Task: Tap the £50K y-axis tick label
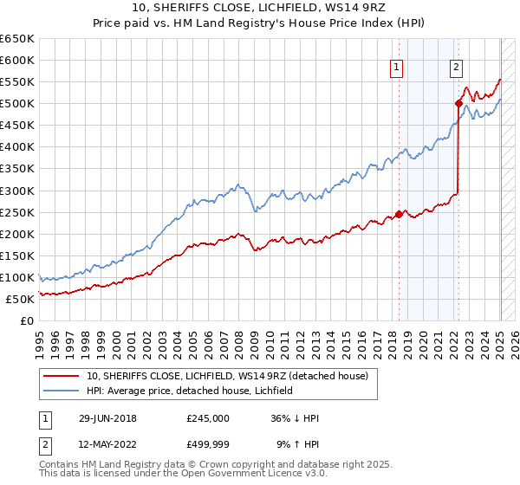[x=20, y=299]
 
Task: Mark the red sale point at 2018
[x=399, y=214]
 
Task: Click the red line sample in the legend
[x=62, y=376]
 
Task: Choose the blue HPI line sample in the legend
[x=62, y=391]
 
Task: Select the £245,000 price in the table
[x=208, y=418]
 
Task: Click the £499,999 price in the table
[x=208, y=444]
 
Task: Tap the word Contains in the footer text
[x=59, y=464]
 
